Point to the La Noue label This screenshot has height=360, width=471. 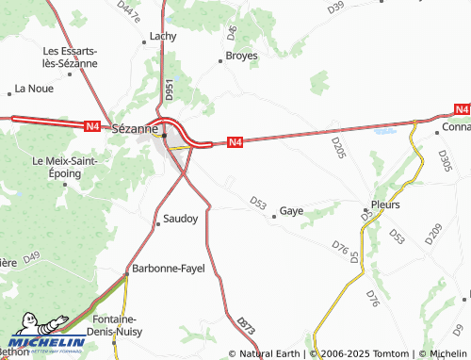click(x=32, y=90)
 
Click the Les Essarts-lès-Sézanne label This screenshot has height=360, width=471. click(x=71, y=57)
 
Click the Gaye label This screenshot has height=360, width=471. click(x=291, y=212)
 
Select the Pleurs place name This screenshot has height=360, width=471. click(x=385, y=205)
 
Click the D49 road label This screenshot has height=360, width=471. click(x=32, y=256)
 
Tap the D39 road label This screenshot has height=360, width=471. click(x=335, y=8)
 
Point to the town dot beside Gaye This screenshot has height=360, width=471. click(x=274, y=217)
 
